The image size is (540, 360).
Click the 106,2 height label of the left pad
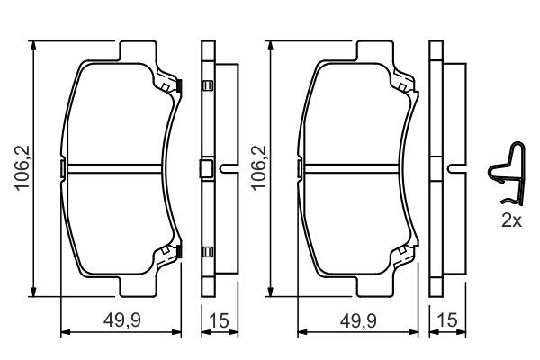click(22, 168)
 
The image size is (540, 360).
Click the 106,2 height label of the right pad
click(259, 168)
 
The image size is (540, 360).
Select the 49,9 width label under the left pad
click(122, 321)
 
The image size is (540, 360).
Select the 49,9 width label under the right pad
click(358, 321)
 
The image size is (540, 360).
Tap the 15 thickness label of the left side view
click(219, 321)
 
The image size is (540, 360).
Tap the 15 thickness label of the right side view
click(447, 320)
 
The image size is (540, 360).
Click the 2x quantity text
click(511, 220)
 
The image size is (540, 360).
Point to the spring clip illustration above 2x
click(507, 174)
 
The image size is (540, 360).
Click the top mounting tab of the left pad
click(138, 50)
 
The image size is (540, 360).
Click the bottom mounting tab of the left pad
click(138, 286)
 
